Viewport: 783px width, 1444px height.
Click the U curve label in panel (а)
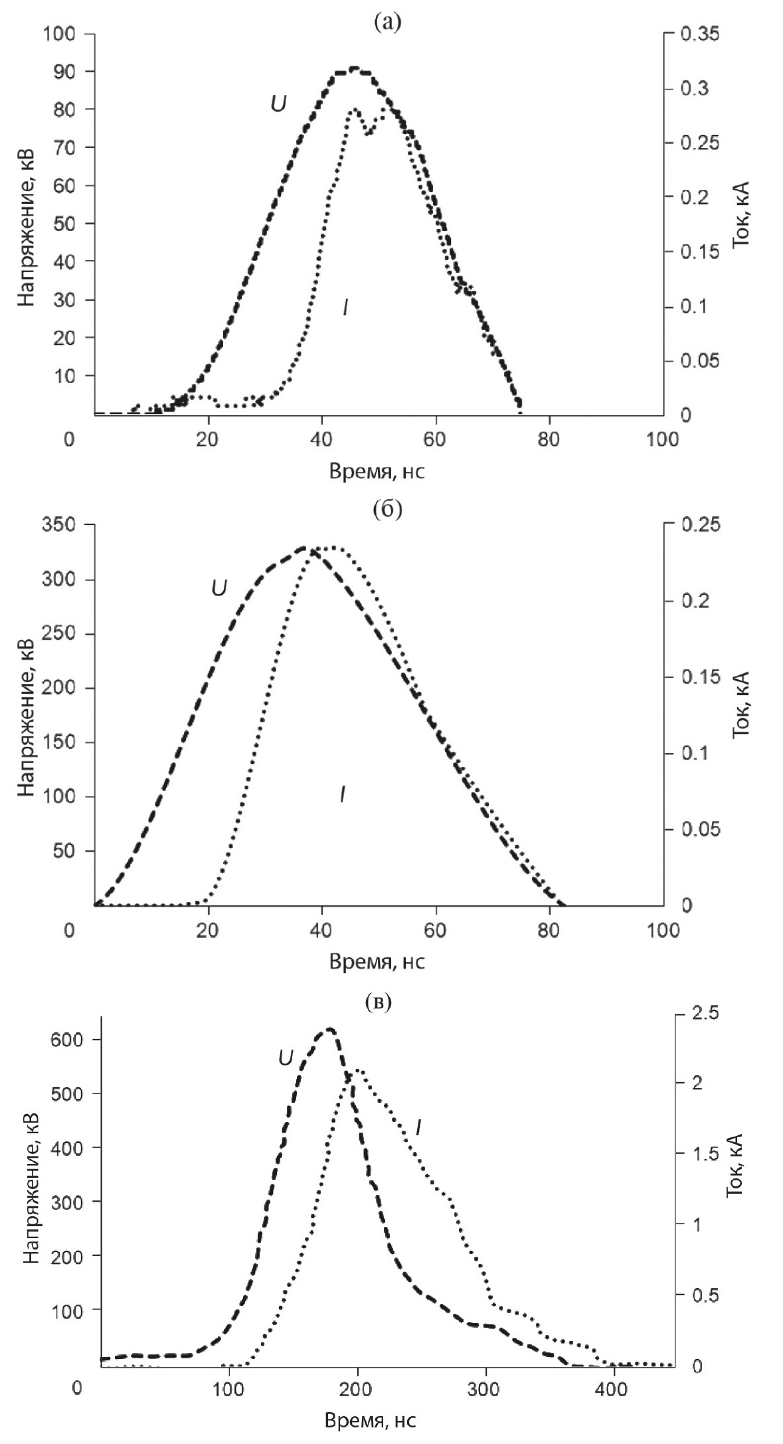278,104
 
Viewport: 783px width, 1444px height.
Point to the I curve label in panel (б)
342,794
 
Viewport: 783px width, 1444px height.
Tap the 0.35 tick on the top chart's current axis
699,34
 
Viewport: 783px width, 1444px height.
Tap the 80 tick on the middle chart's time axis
549,929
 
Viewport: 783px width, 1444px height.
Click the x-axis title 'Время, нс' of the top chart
377,472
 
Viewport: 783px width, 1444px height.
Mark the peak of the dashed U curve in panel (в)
329,1030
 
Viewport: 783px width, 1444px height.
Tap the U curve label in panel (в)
285,1058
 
